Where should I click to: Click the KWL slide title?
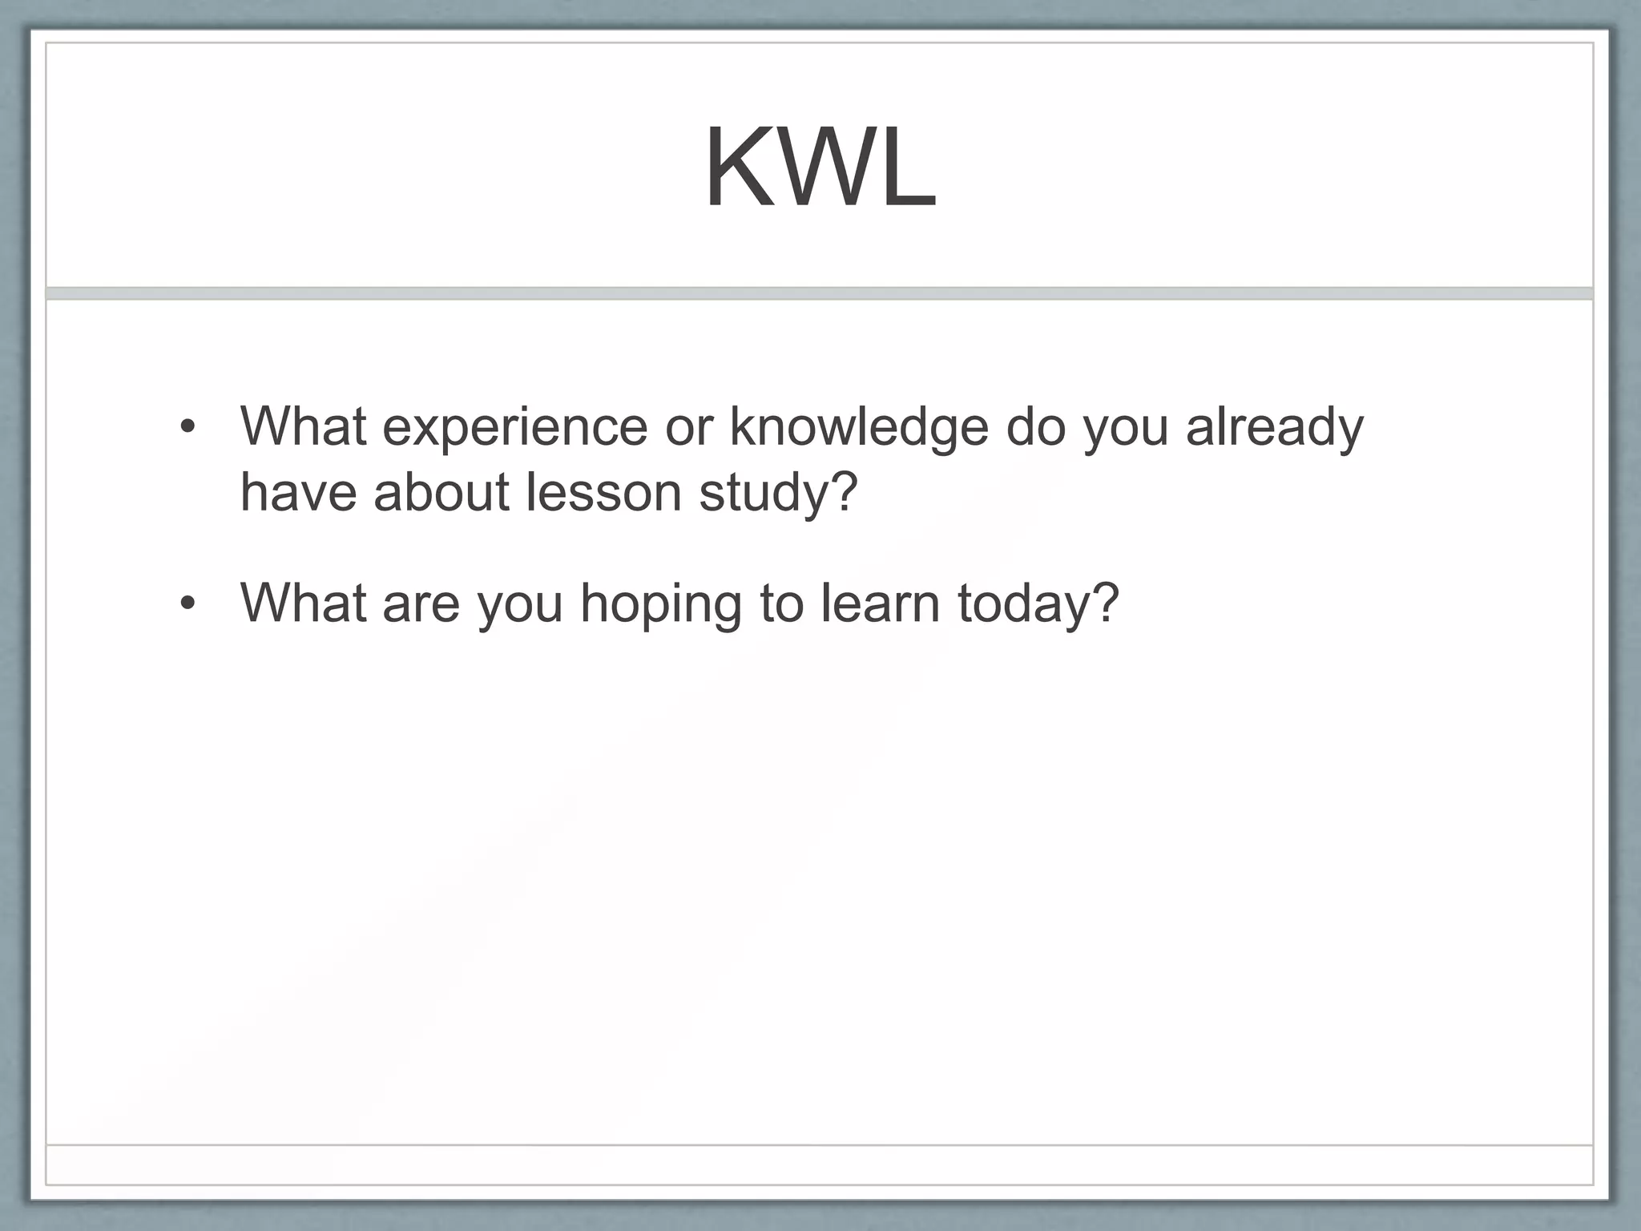pyautogui.click(x=820, y=170)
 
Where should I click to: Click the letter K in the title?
pyautogui.click(x=737, y=170)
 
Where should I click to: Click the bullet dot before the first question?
pyautogui.click(x=187, y=427)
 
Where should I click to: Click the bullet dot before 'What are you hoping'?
pyautogui.click(x=187, y=603)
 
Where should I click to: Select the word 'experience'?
pyautogui.click(x=514, y=427)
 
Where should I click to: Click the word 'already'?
pyautogui.click(x=1274, y=427)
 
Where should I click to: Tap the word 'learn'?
pyautogui.click(x=880, y=603)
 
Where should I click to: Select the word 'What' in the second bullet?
pyautogui.click(x=303, y=602)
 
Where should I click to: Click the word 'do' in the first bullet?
pyautogui.click(x=1035, y=427)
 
